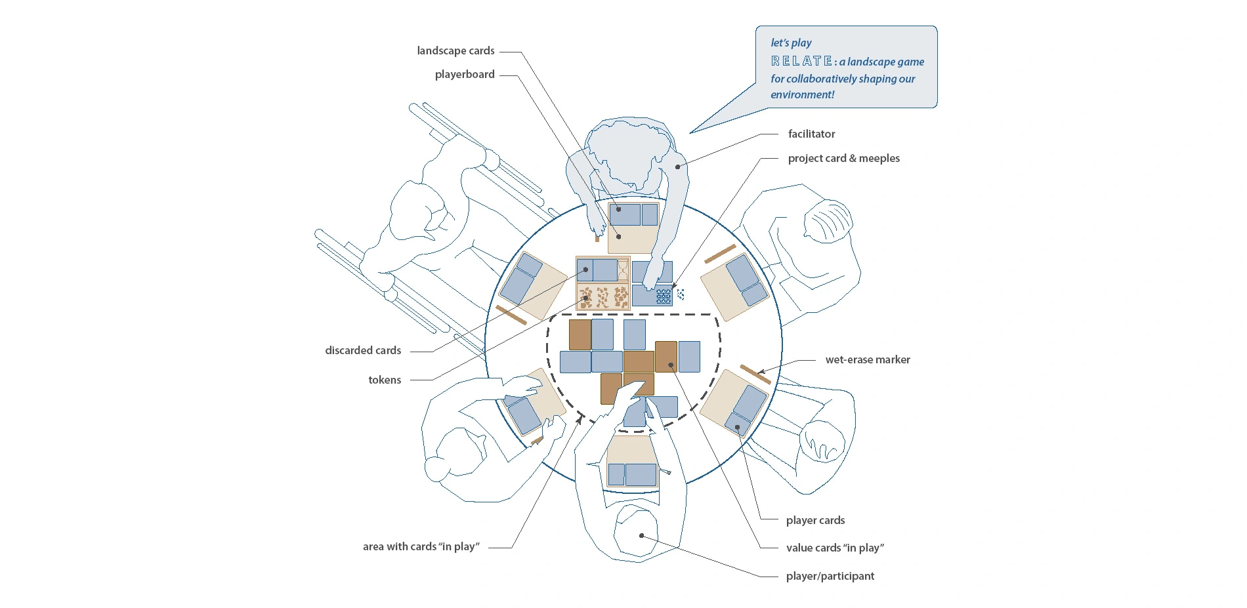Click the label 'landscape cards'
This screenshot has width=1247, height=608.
455,51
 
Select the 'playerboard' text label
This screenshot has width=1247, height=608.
465,75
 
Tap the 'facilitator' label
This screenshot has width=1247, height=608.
811,134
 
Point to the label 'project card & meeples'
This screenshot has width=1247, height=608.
843,158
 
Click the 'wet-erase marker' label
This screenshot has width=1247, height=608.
867,359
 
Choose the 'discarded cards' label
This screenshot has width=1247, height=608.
363,350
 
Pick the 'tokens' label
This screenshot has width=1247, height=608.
385,380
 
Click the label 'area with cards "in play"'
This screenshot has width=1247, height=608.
421,546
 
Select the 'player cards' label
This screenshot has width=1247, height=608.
815,520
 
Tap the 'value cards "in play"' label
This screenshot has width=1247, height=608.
835,548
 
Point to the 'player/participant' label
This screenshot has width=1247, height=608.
830,576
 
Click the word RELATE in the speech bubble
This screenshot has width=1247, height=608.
802,62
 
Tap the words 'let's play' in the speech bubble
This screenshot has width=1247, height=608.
791,43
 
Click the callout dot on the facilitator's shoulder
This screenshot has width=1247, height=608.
677,167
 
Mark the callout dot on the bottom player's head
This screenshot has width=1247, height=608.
641,536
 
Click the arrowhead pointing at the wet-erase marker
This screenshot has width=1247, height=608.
761,372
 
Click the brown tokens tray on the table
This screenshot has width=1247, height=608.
602,296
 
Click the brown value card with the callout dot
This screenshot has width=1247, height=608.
666,357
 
